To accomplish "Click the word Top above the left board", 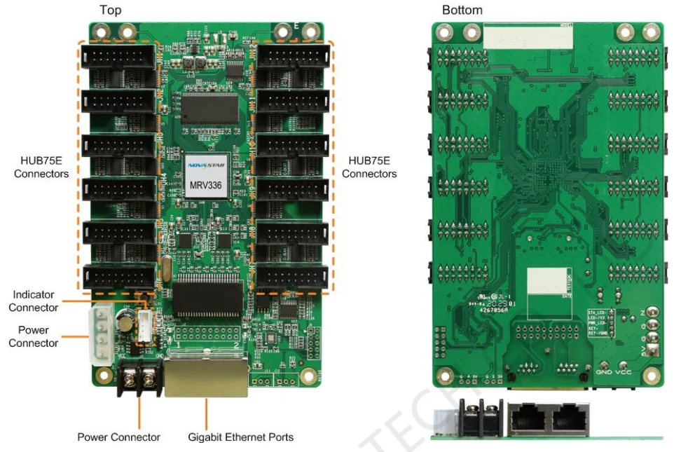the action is (111, 10).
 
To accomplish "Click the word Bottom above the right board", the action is (462, 10).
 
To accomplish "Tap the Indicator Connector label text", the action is (34, 301).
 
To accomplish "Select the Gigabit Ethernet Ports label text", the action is (240, 437).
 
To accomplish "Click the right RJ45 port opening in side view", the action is (568, 420).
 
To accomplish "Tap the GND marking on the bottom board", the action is (604, 372).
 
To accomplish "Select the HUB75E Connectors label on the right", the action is (369, 167).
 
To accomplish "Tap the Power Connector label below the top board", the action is (118, 437).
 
